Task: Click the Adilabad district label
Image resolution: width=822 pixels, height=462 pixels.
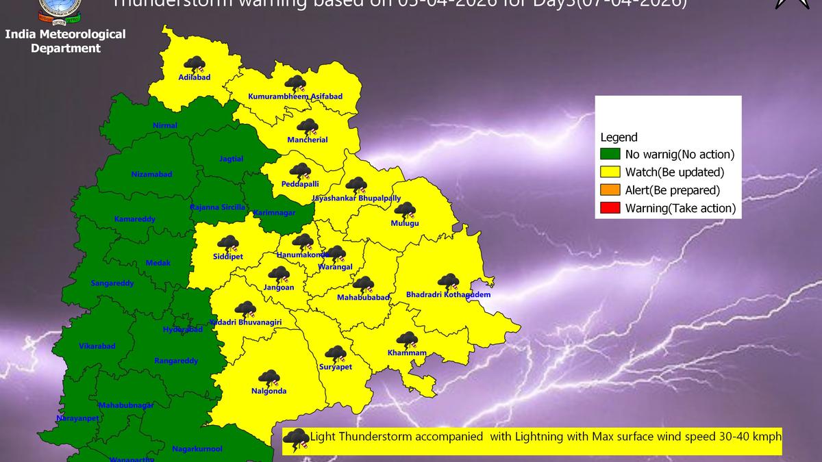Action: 194,77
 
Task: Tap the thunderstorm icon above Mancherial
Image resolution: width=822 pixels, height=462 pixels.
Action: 308,127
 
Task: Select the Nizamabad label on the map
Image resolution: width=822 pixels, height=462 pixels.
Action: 151,175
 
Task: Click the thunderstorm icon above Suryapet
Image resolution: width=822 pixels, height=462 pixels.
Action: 335,354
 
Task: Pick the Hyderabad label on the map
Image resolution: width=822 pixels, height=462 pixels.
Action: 183,329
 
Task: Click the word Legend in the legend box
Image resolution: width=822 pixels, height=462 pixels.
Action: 619,138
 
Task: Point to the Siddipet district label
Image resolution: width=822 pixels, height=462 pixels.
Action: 228,257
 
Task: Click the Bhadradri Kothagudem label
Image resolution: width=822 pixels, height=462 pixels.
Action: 448,295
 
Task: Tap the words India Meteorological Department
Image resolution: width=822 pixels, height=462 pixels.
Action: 65,41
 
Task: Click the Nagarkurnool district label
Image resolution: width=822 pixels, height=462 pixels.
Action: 197,449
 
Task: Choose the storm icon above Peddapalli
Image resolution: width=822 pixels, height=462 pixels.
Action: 299,172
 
